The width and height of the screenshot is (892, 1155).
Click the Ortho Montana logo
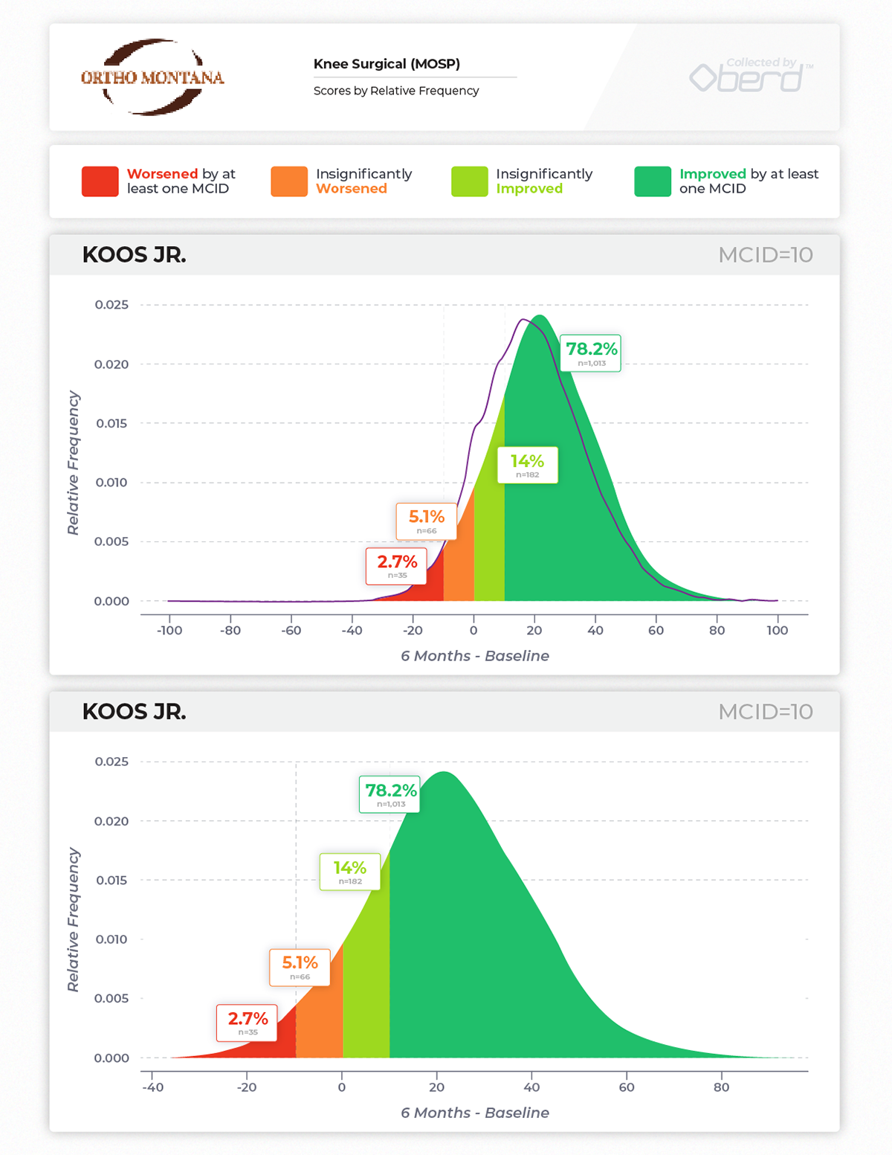pos(152,77)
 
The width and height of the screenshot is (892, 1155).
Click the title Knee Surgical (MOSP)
pos(387,64)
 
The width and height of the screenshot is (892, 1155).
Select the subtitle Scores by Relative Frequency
pos(396,91)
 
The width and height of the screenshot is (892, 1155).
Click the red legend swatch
pos(100,181)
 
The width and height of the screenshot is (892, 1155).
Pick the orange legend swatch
pos(289,181)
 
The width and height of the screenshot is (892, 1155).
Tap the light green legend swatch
pos(469,181)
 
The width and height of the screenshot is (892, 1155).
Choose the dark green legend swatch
pos(653,181)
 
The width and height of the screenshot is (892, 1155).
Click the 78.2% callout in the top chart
pos(591,353)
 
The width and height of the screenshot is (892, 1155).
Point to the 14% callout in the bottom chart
pos(350,872)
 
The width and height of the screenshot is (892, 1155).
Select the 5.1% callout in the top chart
pos(427,521)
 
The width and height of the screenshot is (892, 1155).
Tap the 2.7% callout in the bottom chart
pos(248,1023)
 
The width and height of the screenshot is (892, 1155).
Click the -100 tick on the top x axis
pos(169,631)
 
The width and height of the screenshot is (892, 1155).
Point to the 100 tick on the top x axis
pos(778,631)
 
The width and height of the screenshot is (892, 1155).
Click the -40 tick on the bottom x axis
pos(152,1087)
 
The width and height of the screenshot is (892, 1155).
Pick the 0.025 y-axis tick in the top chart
pos(111,305)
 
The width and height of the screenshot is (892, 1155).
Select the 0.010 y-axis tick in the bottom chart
pos(111,939)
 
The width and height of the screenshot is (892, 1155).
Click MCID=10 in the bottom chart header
pos(765,712)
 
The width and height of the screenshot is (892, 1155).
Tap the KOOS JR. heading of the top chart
pos(134,255)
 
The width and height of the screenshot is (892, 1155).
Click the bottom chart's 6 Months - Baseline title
pos(475,1113)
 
